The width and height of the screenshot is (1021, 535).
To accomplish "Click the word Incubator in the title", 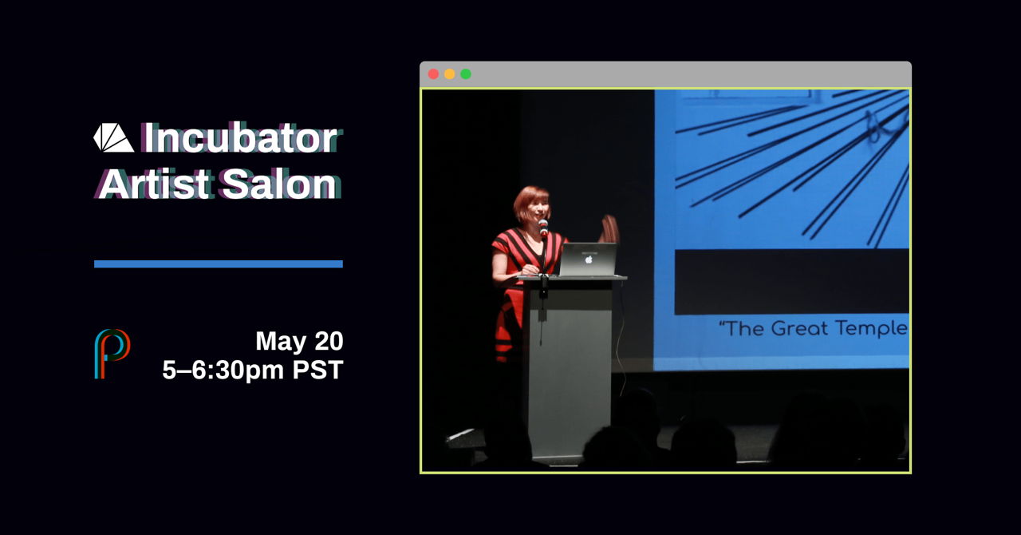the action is click(x=240, y=138).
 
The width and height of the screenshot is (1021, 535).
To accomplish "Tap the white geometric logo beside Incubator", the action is click(x=113, y=137).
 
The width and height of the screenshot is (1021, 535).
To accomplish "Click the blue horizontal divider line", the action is click(x=219, y=264).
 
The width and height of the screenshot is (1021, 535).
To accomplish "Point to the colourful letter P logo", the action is click(x=112, y=354).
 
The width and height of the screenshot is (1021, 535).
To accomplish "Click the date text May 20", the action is click(x=299, y=341).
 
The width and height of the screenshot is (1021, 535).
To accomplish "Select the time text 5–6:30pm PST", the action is click(x=253, y=370).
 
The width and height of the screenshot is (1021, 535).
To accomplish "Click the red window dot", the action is click(x=433, y=74).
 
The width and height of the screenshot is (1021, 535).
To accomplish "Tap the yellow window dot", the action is click(x=449, y=74).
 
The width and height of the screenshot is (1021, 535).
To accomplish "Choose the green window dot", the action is click(x=466, y=74).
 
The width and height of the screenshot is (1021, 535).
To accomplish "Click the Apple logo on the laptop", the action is click(x=589, y=260).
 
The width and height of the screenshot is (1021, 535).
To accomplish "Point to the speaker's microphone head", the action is click(x=543, y=227).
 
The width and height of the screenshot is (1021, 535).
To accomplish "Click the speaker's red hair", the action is click(x=531, y=202).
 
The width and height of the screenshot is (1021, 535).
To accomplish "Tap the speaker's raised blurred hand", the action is click(x=609, y=229).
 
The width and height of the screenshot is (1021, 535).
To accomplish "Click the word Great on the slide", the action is click(x=799, y=329).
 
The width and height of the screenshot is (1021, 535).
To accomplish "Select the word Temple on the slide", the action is click(x=870, y=329).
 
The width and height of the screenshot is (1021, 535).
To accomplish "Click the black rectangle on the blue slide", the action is click(x=792, y=282).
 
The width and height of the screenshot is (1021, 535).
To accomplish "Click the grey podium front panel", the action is click(x=570, y=370).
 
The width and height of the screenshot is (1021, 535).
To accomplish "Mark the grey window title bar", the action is click(x=665, y=74).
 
